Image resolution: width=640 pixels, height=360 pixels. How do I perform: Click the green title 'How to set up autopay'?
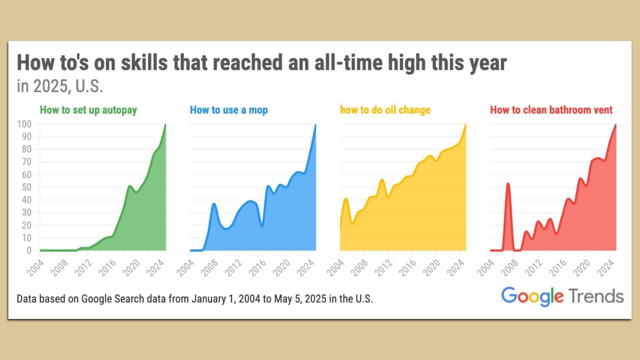pos(88,110)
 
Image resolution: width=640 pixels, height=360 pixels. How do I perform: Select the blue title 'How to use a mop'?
pos(229,110)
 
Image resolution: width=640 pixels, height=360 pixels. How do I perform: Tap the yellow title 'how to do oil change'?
pos(385,110)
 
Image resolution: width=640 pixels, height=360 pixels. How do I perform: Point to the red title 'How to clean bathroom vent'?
pos(551,110)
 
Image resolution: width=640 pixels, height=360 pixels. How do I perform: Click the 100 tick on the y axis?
pos(24,124)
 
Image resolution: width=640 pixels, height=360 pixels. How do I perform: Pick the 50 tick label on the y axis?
pos(26,187)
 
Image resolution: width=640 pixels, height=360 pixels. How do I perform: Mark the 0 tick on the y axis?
pos(29,250)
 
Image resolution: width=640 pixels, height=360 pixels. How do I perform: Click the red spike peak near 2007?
pos(508,183)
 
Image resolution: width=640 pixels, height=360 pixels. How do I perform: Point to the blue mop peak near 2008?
pos(214,204)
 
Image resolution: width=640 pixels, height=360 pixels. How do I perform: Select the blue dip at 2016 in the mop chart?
pos(262,226)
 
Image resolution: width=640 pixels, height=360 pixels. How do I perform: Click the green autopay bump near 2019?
pos(130,186)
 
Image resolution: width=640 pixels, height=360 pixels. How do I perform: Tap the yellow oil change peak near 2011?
pos(382,180)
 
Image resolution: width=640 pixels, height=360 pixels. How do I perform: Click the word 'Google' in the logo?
pos(532,296)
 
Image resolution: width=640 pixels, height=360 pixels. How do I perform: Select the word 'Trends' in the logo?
pos(596,296)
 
